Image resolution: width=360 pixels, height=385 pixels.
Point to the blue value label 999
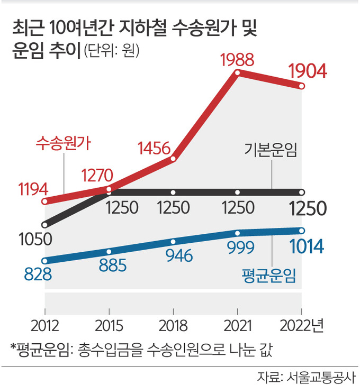point(237,247)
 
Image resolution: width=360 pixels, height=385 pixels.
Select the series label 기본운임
point(269,150)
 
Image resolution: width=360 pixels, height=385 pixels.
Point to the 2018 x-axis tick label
point(173,324)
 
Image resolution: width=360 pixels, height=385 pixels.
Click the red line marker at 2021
point(238,72)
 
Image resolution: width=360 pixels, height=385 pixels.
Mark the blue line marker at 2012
point(45,260)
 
